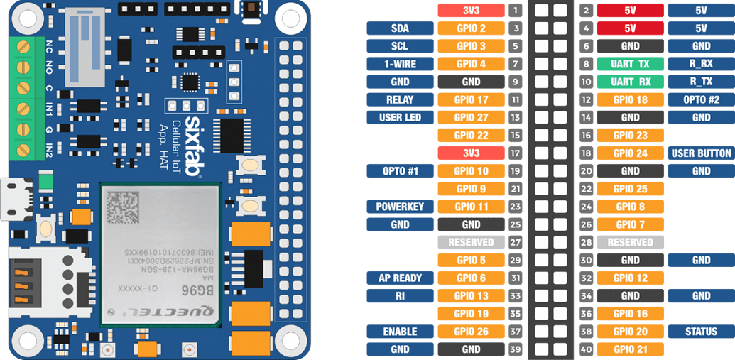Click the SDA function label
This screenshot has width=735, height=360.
click(x=399, y=28)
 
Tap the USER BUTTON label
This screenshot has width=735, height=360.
click(x=701, y=153)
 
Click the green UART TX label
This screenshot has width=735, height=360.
click(x=630, y=64)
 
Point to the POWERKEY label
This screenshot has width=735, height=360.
click(x=399, y=207)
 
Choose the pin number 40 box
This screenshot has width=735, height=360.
click(x=586, y=349)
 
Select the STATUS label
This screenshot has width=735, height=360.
click(x=701, y=332)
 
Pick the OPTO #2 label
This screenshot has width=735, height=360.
click(x=701, y=99)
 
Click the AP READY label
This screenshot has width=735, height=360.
click(x=399, y=278)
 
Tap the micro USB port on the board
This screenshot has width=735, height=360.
click(x=16, y=200)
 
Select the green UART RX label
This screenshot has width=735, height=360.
click(x=630, y=82)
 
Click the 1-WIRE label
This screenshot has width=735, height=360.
click(x=399, y=64)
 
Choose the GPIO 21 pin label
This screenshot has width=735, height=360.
click(x=630, y=349)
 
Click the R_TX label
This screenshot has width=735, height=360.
click(x=701, y=82)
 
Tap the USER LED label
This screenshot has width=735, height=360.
click(x=399, y=117)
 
